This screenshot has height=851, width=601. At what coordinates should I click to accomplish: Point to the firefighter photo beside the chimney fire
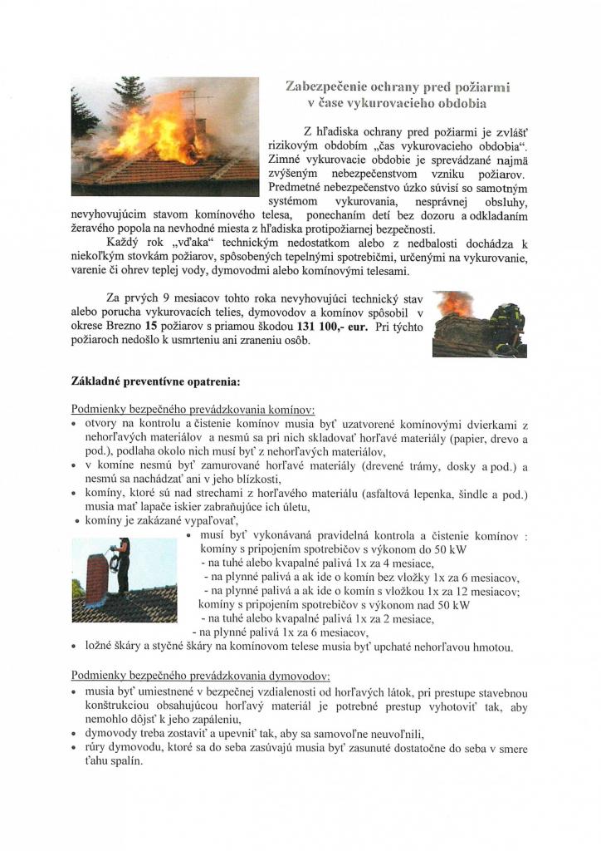pos(480,323)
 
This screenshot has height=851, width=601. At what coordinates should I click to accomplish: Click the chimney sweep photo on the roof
pos(124,579)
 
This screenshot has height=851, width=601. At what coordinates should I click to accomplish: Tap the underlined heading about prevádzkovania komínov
pos(193,409)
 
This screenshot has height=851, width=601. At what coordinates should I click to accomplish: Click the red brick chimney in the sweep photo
pos(96,575)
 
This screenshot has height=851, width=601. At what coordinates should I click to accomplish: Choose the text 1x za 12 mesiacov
pos(467,591)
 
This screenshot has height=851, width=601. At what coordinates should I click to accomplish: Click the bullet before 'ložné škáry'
pos(76,647)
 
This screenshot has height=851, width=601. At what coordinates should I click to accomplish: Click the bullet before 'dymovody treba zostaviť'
pos(76,733)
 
